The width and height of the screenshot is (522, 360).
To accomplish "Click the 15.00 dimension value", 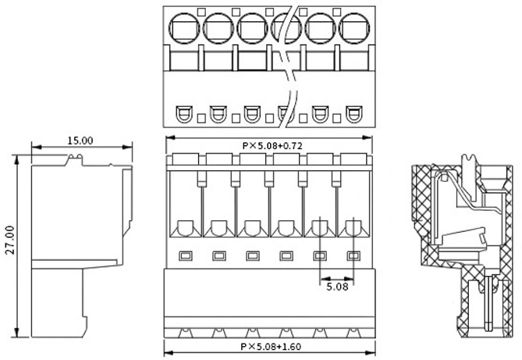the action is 80,141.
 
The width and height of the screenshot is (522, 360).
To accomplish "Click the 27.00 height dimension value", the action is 10,240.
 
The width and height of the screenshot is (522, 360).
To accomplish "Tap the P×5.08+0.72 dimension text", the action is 272,146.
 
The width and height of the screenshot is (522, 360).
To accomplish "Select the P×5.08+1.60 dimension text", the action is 271,347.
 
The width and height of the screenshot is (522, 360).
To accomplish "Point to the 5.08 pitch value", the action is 337,287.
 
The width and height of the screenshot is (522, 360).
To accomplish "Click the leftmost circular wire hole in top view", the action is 184,28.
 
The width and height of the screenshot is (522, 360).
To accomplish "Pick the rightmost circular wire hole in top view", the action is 354,28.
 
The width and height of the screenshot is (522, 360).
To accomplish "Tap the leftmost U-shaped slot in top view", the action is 184,114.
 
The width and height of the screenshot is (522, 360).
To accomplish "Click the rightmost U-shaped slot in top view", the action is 354,114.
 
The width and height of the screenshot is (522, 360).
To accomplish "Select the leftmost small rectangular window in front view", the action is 186,256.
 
